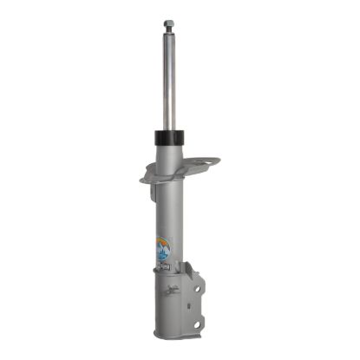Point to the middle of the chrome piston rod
[x=166, y=82]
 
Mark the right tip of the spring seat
[x=216, y=160]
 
